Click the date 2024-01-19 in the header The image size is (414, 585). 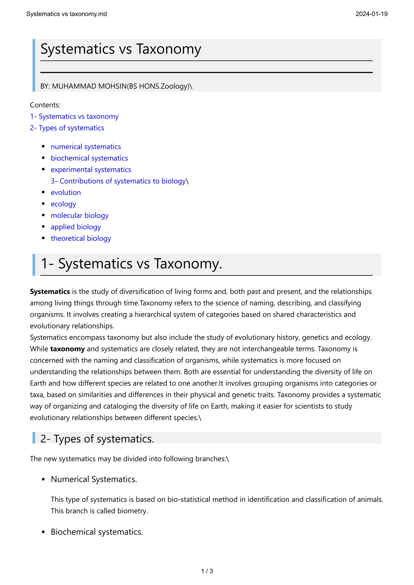pyautogui.click(x=371, y=14)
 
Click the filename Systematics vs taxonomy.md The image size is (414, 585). pyautogui.click(x=66, y=14)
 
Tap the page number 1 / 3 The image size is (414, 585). pyautogui.click(x=207, y=571)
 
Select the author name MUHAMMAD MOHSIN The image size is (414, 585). pyautogui.click(x=89, y=86)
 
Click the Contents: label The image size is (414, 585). pyautogui.click(x=45, y=105)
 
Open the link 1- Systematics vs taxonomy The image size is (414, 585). pyautogui.click(x=74, y=116)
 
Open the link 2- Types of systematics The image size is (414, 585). pyautogui.click(x=67, y=128)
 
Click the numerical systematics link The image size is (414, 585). pyautogui.click(x=86, y=147)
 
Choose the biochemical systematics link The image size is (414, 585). pyautogui.click(x=89, y=158)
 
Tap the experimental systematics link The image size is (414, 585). pyautogui.click(x=91, y=170)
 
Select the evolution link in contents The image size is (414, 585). pyautogui.click(x=66, y=193)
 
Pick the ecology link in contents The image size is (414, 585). pyautogui.click(x=63, y=204)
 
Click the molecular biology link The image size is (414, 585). pyautogui.click(x=80, y=216)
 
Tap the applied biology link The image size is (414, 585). pyautogui.click(x=76, y=227)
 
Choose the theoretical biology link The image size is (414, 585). pyautogui.click(x=81, y=238)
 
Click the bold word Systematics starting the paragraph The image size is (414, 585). pyautogui.click(x=50, y=291)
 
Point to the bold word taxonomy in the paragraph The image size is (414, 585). pyautogui.click(x=67, y=349)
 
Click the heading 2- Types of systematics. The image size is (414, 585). pyautogui.click(x=97, y=439)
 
